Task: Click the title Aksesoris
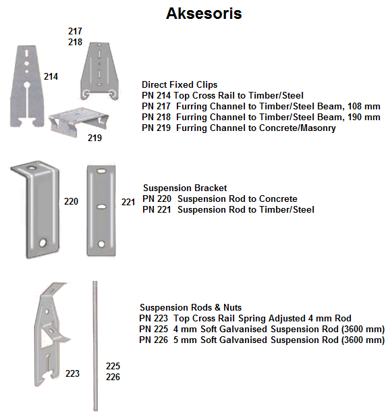click(204, 13)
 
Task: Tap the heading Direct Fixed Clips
click(179, 84)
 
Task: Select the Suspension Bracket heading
click(185, 188)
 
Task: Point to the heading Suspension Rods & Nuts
click(190, 307)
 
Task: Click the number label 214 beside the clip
click(51, 76)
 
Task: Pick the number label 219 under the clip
click(94, 138)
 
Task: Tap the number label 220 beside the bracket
click(71, 201)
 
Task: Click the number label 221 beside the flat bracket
click(128, 202)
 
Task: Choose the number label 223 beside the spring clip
click(72, 373)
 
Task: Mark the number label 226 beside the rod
click(113, 377)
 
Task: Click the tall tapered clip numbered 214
click(27, 86)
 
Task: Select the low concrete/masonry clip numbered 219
click(78, 122)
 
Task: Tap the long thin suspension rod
click(95, 346)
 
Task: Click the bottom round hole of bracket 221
click(101, 244)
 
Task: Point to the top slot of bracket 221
click(101, 171)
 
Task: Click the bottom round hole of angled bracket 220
click(43, 243)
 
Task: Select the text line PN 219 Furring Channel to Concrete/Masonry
click(239, 128)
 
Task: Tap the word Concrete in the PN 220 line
click(278, 199)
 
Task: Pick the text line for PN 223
click(245, 318)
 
